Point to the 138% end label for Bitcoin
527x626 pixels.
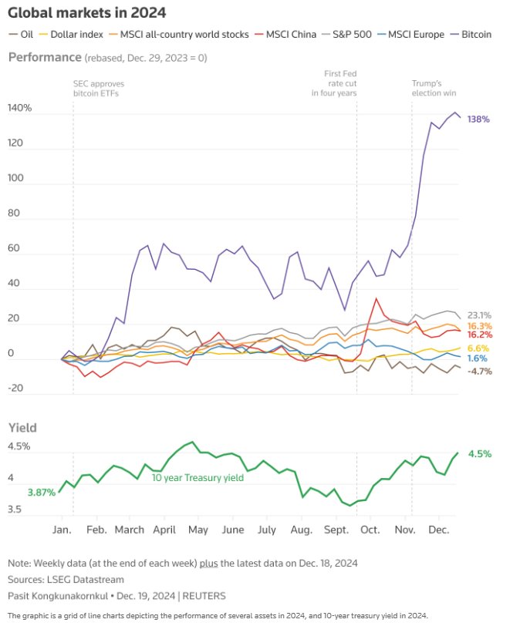478,119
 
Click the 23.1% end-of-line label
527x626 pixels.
480,315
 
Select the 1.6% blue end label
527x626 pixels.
478,358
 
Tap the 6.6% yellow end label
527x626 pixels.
479,348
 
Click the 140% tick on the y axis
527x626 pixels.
20,109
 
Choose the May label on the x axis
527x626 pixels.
198,530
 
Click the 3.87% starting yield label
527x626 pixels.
41,492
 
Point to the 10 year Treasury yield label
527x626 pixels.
198,478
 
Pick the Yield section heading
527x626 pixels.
23,427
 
